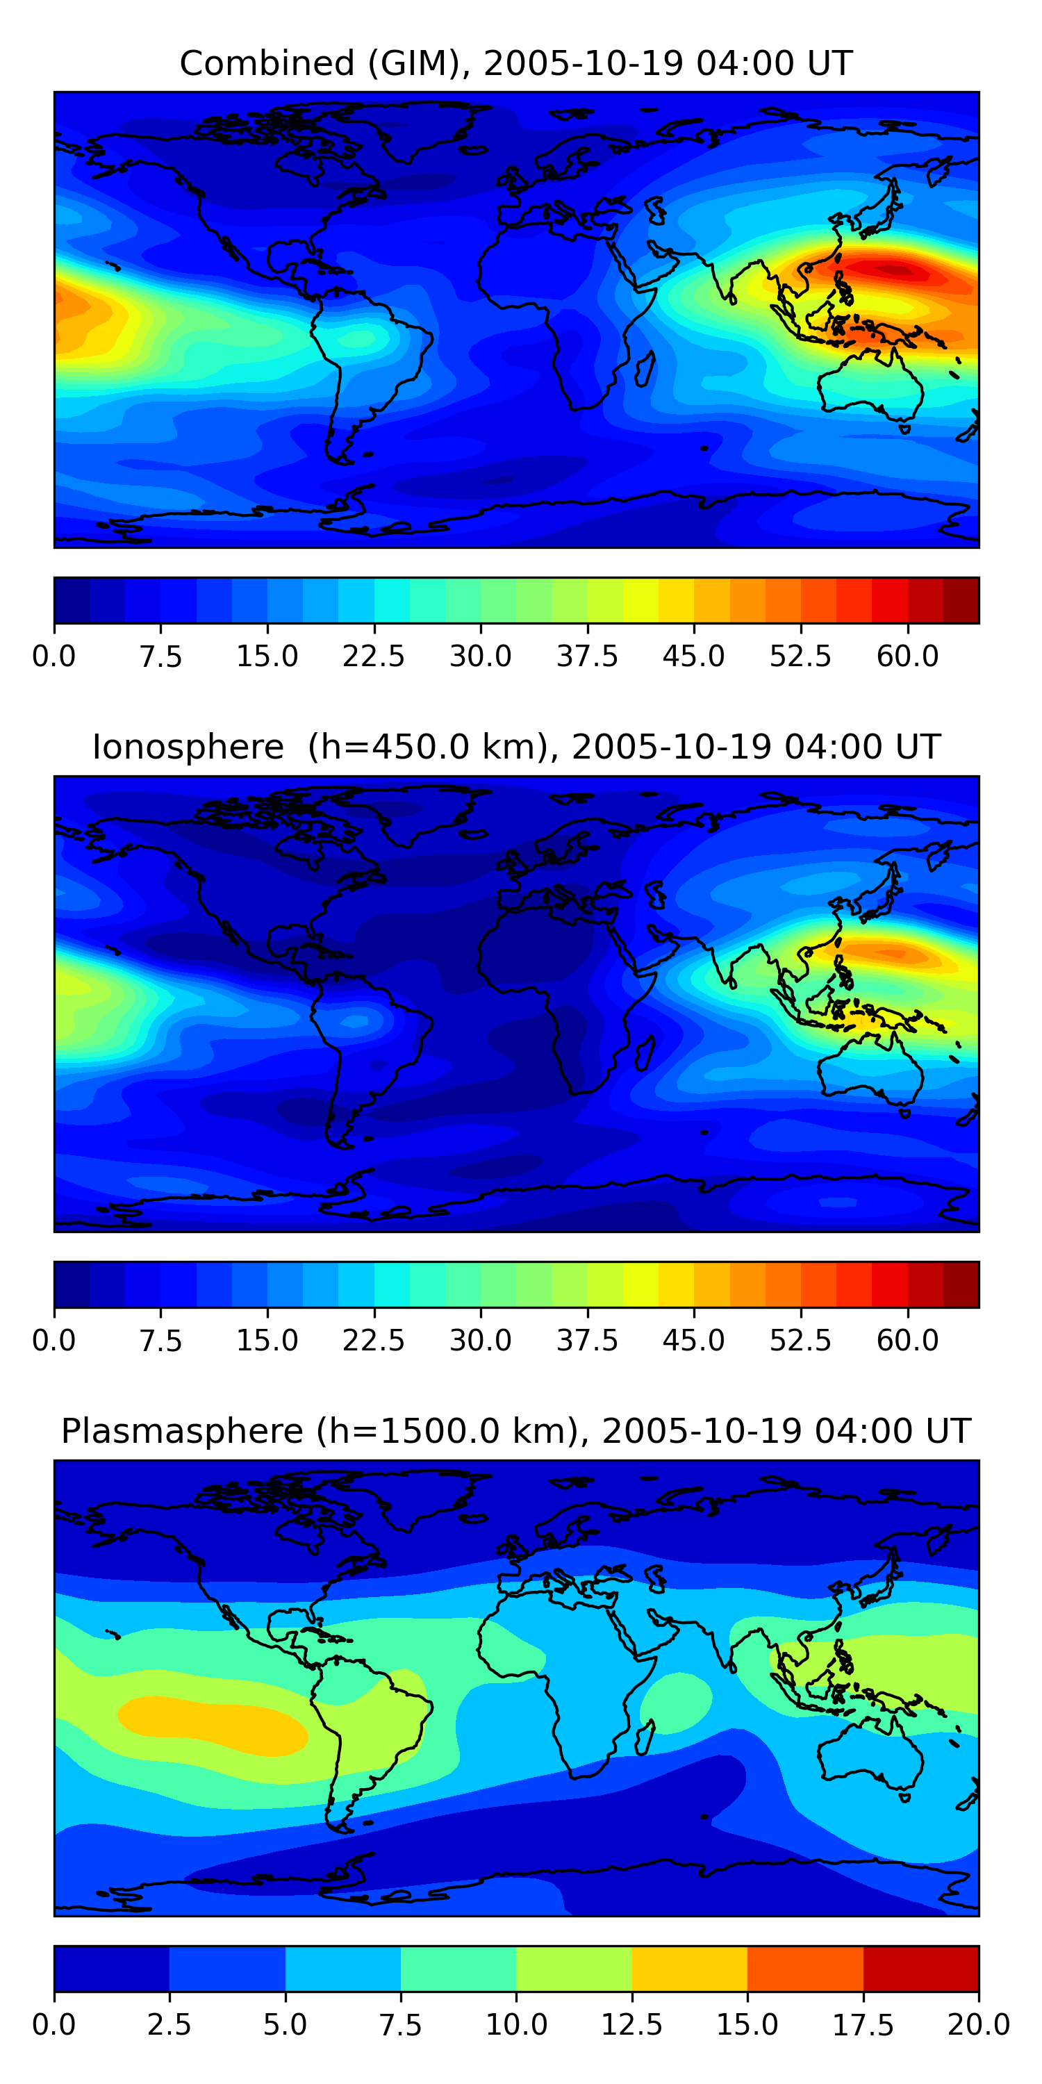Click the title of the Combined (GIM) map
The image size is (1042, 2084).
pyautogui.click(x=516, y=63)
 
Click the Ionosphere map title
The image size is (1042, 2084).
pyautogui.click(x=516, y=747)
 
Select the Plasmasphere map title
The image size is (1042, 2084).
pyautogui.click(x=516, y=1431)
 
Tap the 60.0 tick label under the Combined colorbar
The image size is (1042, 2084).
pyautogui.click(x=907, y=656)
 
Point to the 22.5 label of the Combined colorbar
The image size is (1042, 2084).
pyautogui.click(x=373, y=656)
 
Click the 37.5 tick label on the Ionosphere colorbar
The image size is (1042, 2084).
pyautogui.click(x=586, y=1341)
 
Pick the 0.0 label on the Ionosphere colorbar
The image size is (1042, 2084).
pyautogui.click(x=54, y=1341)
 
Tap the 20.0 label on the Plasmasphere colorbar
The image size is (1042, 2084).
pyautogui.click(x=978, y=2024)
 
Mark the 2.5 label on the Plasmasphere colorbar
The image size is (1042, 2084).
pyautogui.click(x=169, y=2024)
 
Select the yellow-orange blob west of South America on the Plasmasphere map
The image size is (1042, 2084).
pyautogui.click(x=212, y=1726)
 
